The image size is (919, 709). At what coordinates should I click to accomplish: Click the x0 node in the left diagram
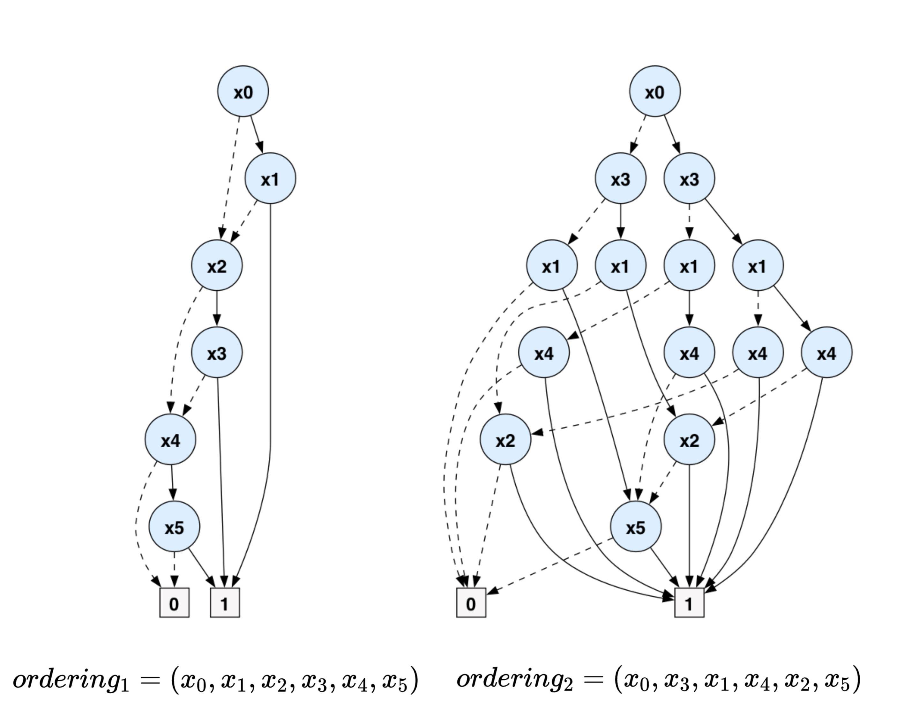click(243, 91)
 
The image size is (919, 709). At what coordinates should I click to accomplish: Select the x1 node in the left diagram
click(270, 178)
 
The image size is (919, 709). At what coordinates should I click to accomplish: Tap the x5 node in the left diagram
click(174, 526)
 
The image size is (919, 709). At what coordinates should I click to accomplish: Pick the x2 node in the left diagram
click(217, 265)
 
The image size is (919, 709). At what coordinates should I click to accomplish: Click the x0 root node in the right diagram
click(655, 91)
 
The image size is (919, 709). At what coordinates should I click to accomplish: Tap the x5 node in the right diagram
click(635, 526)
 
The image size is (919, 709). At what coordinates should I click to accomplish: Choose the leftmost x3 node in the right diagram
click(620, 178)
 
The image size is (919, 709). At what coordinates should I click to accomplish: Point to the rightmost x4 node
click(826, 353)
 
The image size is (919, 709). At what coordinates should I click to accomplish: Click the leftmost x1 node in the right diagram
click(552, 265)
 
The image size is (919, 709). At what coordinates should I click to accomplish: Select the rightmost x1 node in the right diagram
click(758, 265)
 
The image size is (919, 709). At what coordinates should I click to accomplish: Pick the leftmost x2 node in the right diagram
click(505, 439)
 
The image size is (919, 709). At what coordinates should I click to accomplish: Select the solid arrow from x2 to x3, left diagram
click(217, 309)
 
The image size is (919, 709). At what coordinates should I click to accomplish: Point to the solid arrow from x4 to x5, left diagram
click(172, 483)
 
